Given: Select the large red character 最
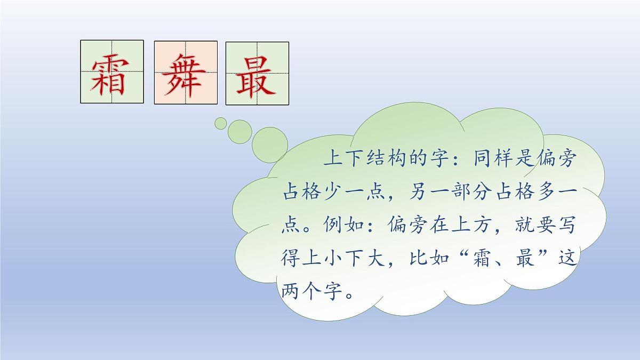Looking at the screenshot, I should (x=257, y=74).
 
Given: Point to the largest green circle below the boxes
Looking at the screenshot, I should (x=270, y=141).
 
